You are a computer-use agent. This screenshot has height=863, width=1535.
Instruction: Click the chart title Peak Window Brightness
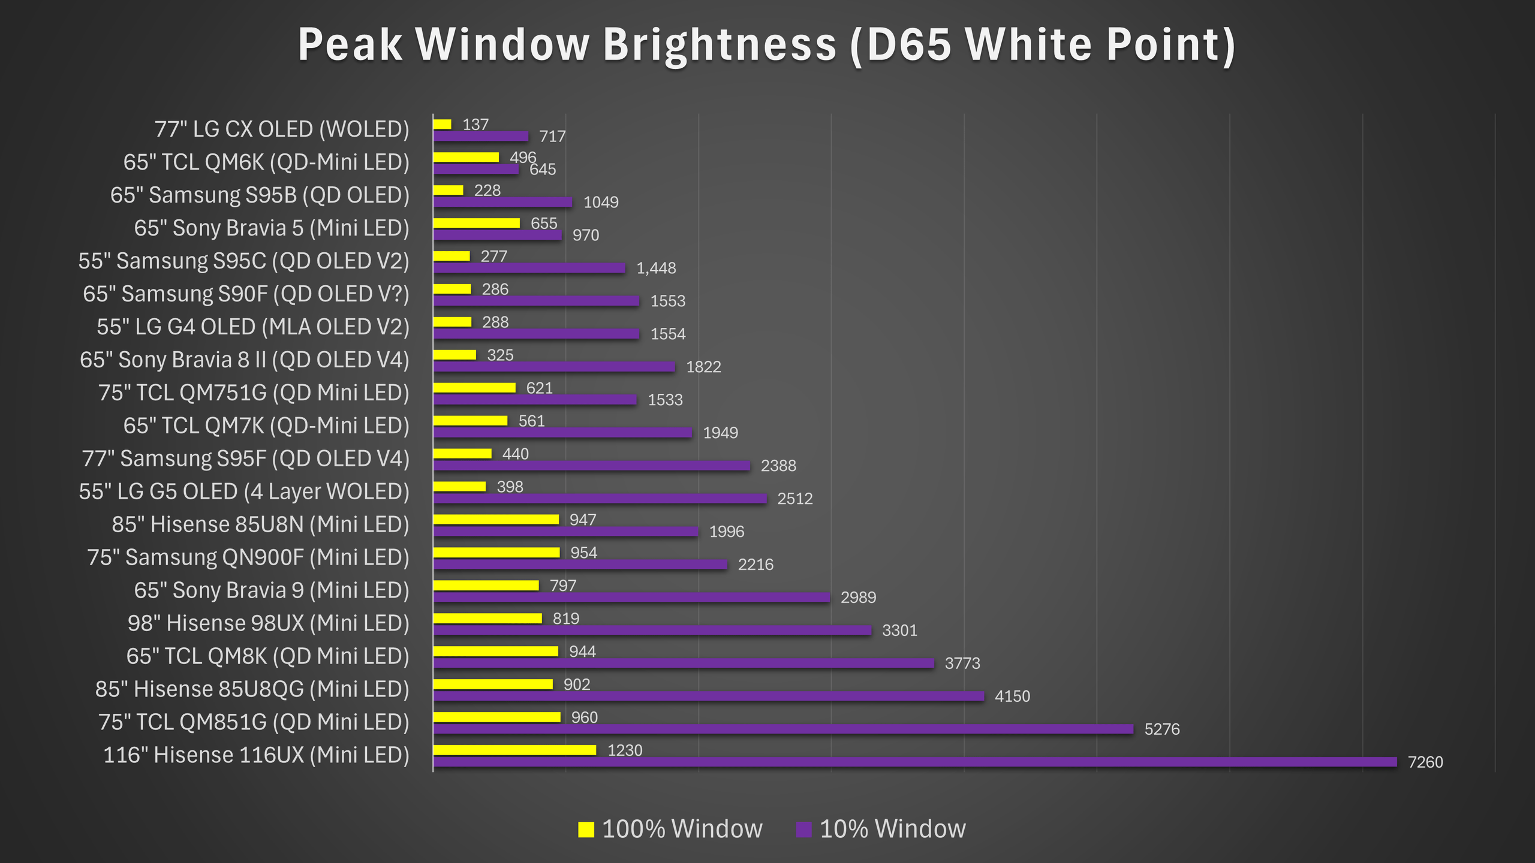766,45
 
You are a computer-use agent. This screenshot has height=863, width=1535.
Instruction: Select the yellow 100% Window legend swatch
586,829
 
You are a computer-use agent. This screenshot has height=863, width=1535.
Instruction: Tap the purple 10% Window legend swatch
803,829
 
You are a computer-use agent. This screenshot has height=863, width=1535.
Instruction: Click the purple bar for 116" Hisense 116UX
914,762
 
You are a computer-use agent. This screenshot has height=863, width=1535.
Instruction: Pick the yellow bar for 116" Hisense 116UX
514,750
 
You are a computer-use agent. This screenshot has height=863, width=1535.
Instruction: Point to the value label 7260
1425,762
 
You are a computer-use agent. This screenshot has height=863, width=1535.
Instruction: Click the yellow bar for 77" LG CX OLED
443,124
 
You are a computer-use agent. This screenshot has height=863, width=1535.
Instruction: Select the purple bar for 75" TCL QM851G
783,729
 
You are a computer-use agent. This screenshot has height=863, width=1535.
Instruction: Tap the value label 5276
1162,729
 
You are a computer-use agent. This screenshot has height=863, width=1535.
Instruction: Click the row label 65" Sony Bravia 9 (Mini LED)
272,590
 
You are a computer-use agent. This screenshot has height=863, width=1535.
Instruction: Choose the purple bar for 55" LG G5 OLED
600,498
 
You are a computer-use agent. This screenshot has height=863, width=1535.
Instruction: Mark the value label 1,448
656,268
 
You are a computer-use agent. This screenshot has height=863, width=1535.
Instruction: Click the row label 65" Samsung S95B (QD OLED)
260,195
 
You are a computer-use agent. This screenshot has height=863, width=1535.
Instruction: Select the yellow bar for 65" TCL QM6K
466,157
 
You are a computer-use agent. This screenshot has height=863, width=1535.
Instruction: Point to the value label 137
475,125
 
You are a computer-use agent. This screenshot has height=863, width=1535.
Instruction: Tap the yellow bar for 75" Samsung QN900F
496,552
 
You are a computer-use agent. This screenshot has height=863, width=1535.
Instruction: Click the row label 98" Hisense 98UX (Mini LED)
269,623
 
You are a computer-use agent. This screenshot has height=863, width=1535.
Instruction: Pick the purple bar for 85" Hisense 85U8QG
709,696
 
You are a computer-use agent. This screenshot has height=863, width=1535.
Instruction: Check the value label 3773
962,663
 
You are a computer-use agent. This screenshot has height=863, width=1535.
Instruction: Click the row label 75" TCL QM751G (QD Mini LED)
254,393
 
